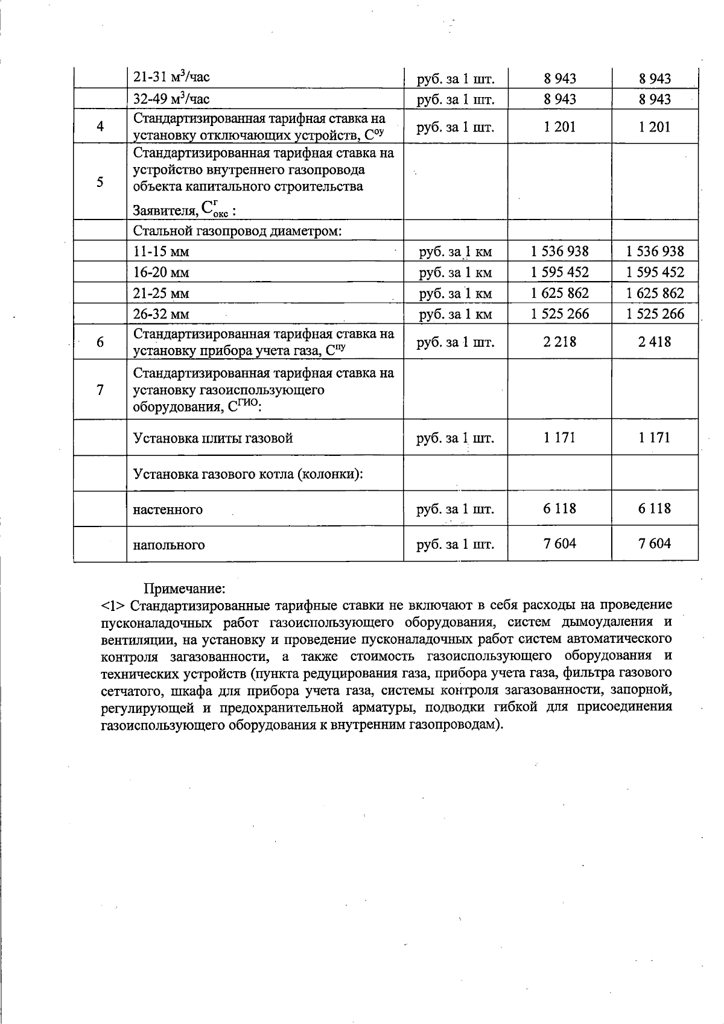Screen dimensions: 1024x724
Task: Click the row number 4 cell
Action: tap(100, 127)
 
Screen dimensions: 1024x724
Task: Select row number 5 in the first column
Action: tap(100, 182)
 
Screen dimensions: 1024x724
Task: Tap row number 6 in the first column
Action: tap(100, 342)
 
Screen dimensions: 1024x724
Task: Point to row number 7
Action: tap(100, 390)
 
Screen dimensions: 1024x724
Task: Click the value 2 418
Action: tap(655, 342)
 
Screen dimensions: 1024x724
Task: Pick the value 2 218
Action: tap(559, 342)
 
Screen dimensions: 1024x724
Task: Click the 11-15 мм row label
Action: tap(161, 252)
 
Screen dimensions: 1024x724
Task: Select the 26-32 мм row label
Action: tap(161, 314)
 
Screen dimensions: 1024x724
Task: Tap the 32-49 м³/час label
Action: tap(171, 99)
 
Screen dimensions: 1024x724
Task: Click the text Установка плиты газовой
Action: tap(213, 438)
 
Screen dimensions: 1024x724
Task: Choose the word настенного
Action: tap(168, 510)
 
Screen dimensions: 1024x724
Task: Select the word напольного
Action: tap(169, 545)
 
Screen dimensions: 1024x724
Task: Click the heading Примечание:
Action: tap(184, 587)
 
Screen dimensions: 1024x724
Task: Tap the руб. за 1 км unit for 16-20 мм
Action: tap(456, 273)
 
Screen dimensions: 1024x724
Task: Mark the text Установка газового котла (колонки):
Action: tap(248, 473)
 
